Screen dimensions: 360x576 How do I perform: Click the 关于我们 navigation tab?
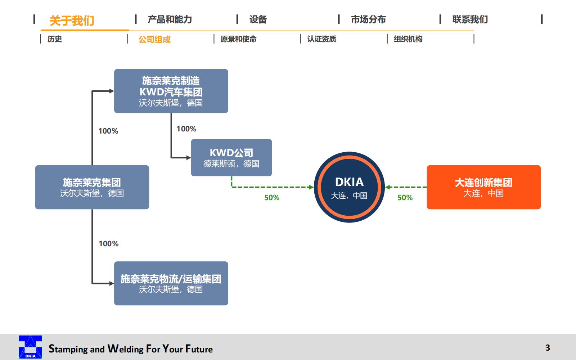(x=72, y=21)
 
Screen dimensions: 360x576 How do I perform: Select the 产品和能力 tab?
(x=170, y=19)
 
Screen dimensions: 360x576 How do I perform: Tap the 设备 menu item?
(x=258, y=19)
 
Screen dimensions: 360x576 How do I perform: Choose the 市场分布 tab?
(x=368, y=19)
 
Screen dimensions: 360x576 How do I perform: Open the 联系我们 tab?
(x=470, y=19)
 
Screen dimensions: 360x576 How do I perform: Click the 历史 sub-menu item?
(x=55, y=39)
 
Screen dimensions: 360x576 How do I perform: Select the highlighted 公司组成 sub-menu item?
(x=154, y=39)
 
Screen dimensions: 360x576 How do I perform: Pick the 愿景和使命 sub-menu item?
(x=238, y=39)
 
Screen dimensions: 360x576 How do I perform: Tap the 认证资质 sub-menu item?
(x=321, y=39)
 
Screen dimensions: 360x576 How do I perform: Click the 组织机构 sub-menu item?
(x=408, y=39)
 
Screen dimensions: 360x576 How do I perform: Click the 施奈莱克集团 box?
(x=92, y=187)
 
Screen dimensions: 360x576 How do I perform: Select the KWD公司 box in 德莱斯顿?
(x=231, y=158)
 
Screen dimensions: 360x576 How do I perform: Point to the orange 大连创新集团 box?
(x=483, y=187)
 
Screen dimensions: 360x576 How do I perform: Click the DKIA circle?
(x=349, y=187)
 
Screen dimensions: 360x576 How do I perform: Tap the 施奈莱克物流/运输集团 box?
(x=171, y=283)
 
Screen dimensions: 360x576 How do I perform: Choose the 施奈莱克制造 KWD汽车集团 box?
(x=171, y=91)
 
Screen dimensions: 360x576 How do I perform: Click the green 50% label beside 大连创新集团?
(x=405, y=198)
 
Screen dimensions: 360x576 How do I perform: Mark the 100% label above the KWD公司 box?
(x=186, y=129)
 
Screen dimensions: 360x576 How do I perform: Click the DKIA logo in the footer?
(x=30, y=347)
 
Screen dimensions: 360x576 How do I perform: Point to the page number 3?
(x=548, y=348)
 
